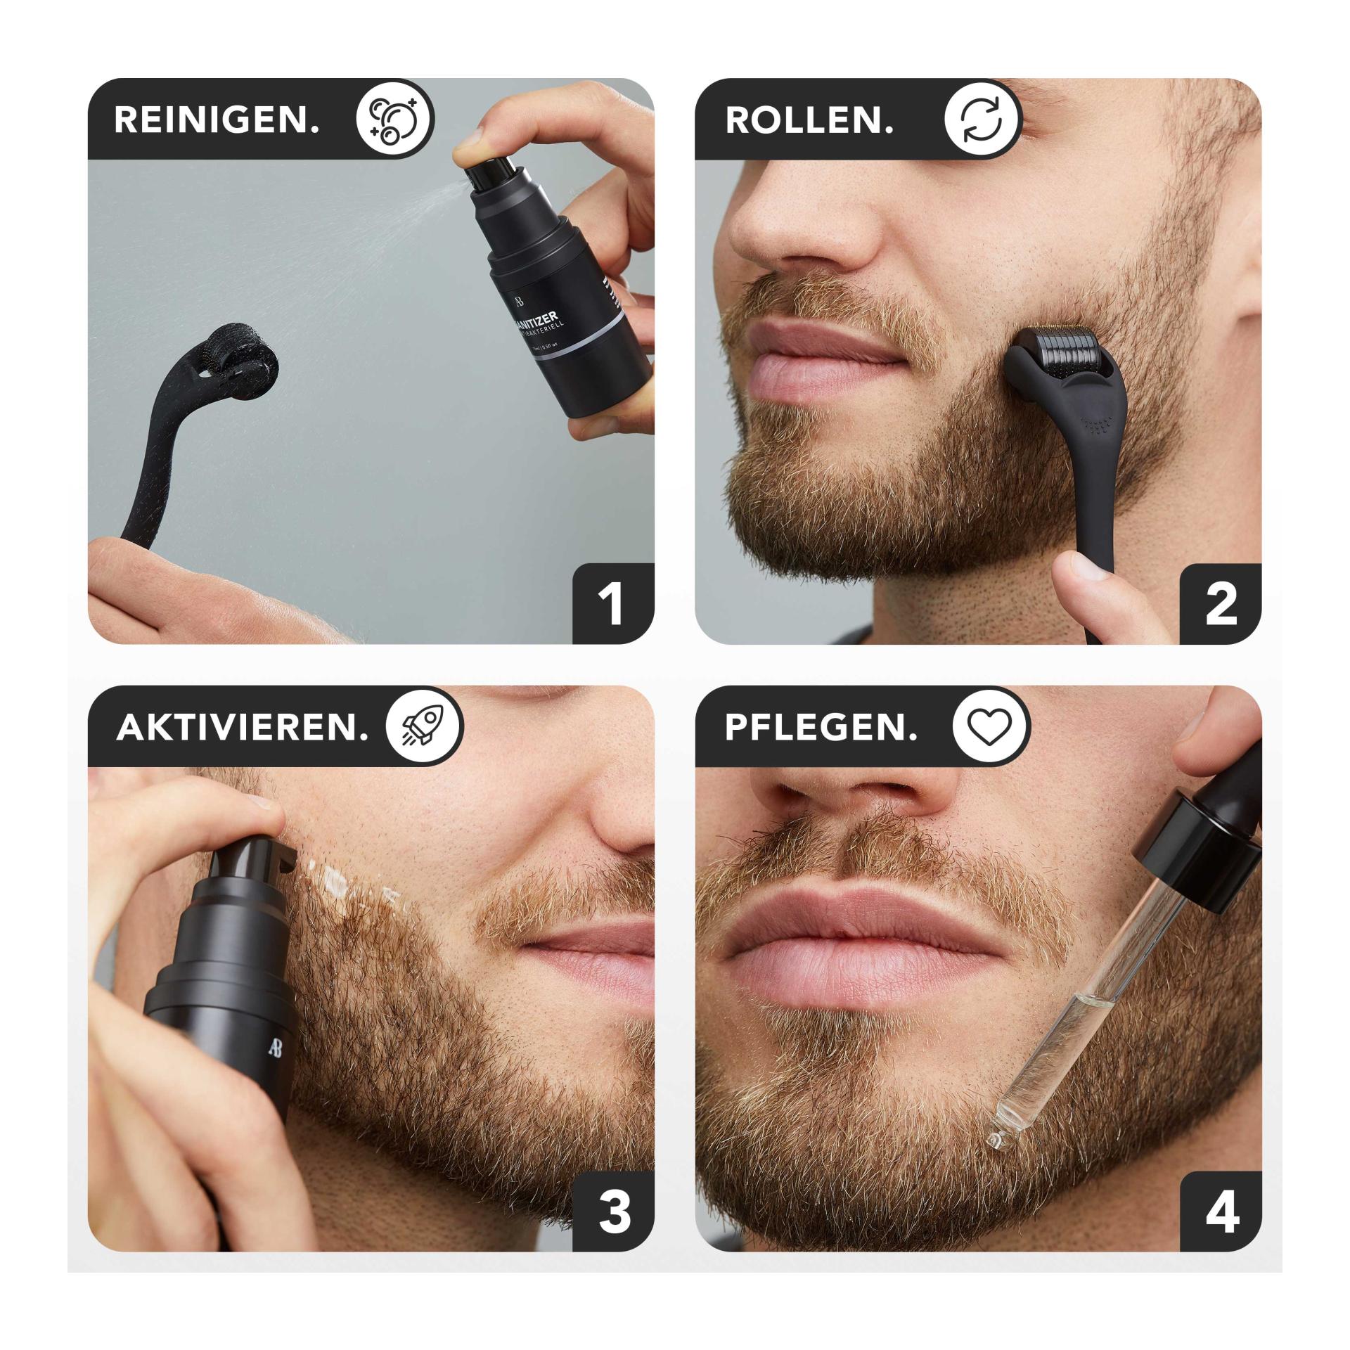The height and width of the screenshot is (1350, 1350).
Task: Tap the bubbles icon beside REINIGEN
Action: [x=395, y=119]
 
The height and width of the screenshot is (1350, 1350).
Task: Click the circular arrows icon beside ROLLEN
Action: [x=982, y=119]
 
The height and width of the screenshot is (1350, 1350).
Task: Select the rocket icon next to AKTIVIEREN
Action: [x=425, y=726]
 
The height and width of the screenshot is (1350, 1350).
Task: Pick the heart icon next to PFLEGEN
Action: [x=991, y=726]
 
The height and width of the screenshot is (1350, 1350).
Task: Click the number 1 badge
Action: [x=612, y=605]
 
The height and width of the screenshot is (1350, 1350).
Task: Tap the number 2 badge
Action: [x=1221, y=605]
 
